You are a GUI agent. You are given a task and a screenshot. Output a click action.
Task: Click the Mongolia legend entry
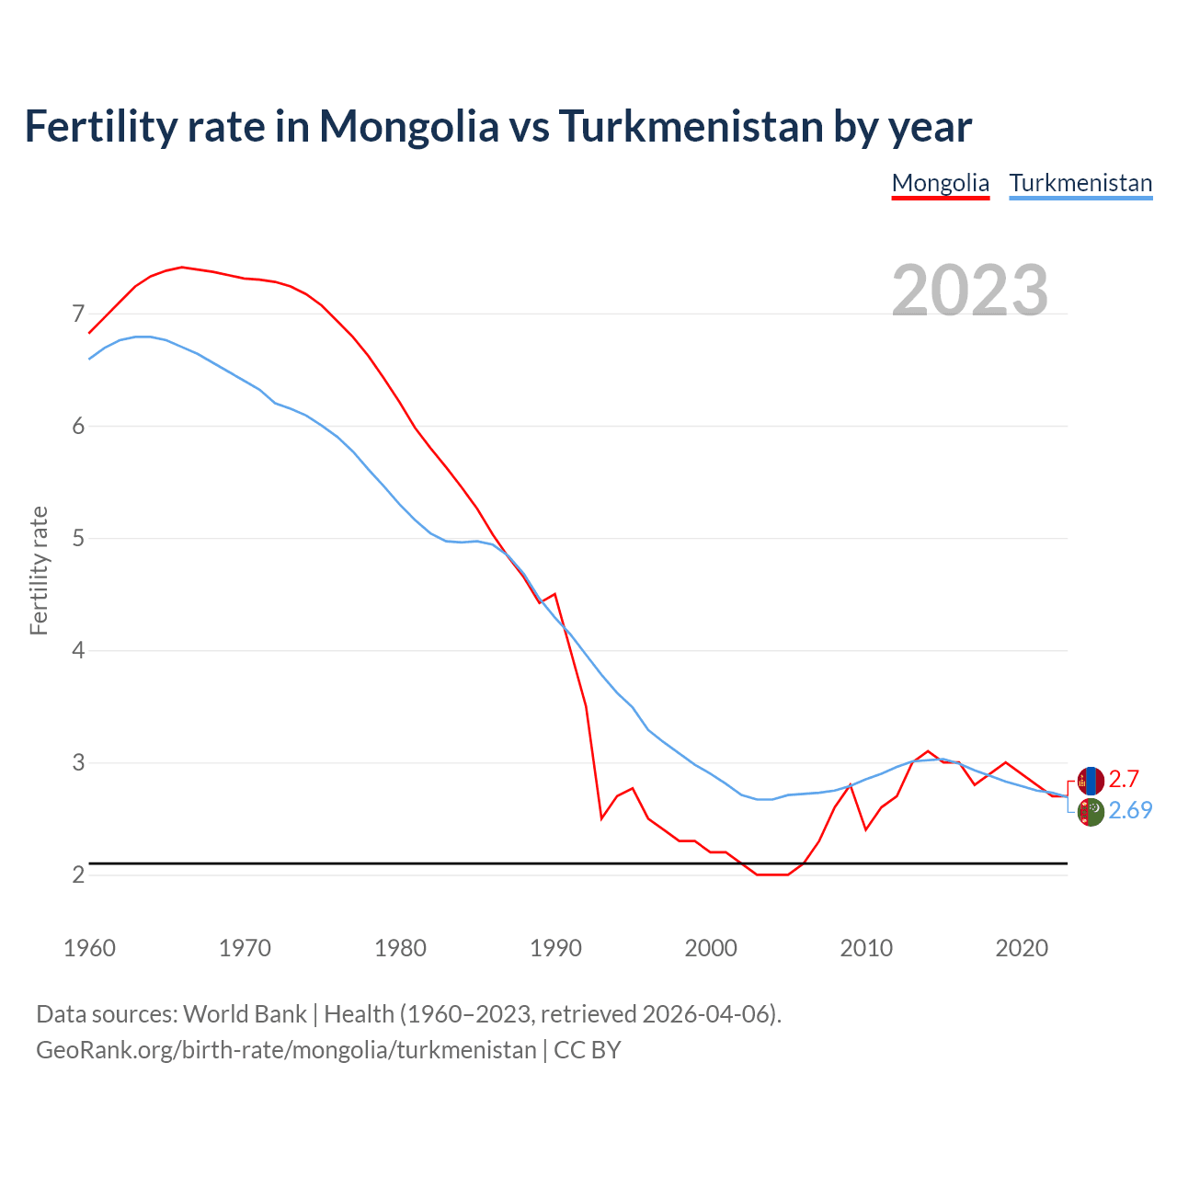click(940, 183)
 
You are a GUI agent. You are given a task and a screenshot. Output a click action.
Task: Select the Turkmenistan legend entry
click(1080, 183)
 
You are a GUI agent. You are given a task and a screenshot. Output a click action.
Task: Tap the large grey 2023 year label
click(970, 291)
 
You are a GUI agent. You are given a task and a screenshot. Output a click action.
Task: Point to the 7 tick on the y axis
click(78, 314)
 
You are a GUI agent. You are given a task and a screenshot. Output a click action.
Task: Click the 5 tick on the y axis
click(78, 538)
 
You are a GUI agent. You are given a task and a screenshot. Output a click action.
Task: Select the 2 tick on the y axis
click(78, 874)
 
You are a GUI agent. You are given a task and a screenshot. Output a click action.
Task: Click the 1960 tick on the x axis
click(89, 948)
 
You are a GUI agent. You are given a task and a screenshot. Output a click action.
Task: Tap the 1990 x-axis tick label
click(555, 948)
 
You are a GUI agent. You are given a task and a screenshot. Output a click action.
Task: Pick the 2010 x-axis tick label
click(866, 948)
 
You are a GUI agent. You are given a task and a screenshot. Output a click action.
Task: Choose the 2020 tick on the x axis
click(1022, 948)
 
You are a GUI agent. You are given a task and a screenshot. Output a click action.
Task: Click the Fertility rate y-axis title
click(39, 570)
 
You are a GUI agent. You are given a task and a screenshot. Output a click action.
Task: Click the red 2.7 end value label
click(1124, 780)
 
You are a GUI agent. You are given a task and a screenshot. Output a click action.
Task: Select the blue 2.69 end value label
click(1130, 810)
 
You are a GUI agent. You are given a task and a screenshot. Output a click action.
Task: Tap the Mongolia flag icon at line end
click(1091, 781)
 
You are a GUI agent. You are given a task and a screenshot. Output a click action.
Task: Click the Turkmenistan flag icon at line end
click(1091, 812)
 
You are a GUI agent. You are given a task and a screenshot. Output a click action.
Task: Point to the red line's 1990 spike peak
click(554, 594)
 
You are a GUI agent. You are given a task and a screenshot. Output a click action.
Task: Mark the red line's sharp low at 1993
click(601, 818)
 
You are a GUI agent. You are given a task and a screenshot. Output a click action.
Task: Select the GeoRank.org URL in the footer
click(286, 1049)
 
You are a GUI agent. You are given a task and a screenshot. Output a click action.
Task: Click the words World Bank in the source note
click(245, 1013)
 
